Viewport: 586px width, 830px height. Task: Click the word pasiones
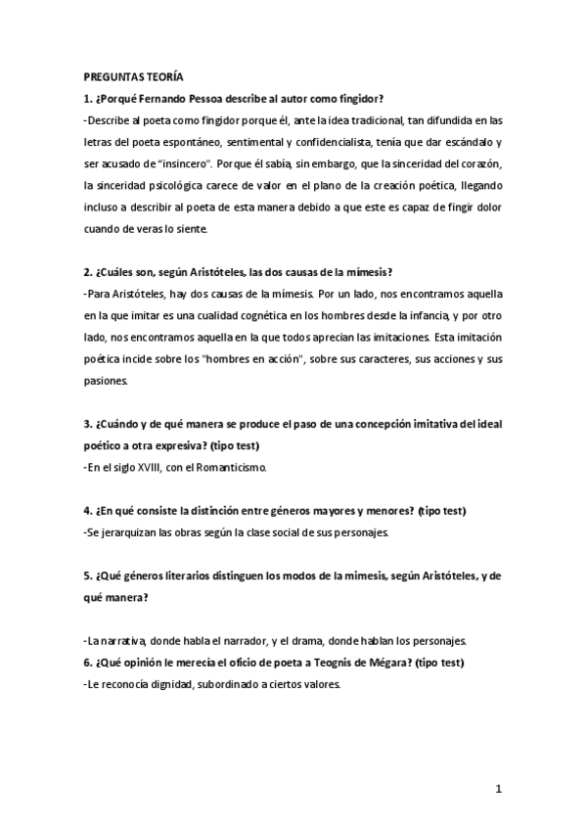pyautogui.click(x=107, y=380)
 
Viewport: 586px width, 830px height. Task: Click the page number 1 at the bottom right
pyautogui.click(x=498, y=789)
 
